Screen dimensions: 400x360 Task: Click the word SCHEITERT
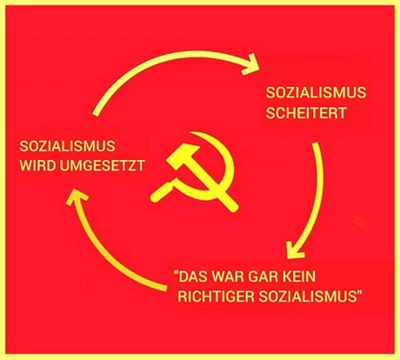[x=306, y=113]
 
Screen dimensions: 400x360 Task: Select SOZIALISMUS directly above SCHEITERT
[x=316, y=92]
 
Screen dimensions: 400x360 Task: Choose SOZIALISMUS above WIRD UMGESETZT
[x=67, y=146]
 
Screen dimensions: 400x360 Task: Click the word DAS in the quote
[x=193, y=277]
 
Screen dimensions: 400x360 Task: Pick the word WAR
[x=229, y=277]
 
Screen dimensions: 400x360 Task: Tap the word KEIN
[x=298, y=277]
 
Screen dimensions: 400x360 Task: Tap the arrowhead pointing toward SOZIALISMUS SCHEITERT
[x=251, y=63]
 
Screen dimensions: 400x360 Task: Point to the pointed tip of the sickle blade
[x=190, y=133]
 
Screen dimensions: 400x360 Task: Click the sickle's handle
[x=162, y=192]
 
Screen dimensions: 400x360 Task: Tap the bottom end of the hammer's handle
[x=234, y=207]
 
